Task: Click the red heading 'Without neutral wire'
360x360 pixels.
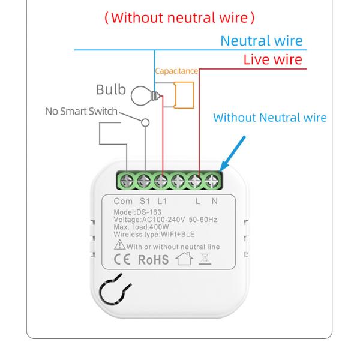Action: (x=179, y=17)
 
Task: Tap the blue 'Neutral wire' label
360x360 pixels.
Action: (x=262, y=41)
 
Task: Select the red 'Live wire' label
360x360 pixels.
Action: (x=272, y=59)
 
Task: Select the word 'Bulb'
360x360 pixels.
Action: (x=112, y=91)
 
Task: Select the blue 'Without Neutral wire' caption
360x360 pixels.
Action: (x=270, y=118)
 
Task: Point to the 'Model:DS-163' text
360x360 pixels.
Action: (x=134, y=212)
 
